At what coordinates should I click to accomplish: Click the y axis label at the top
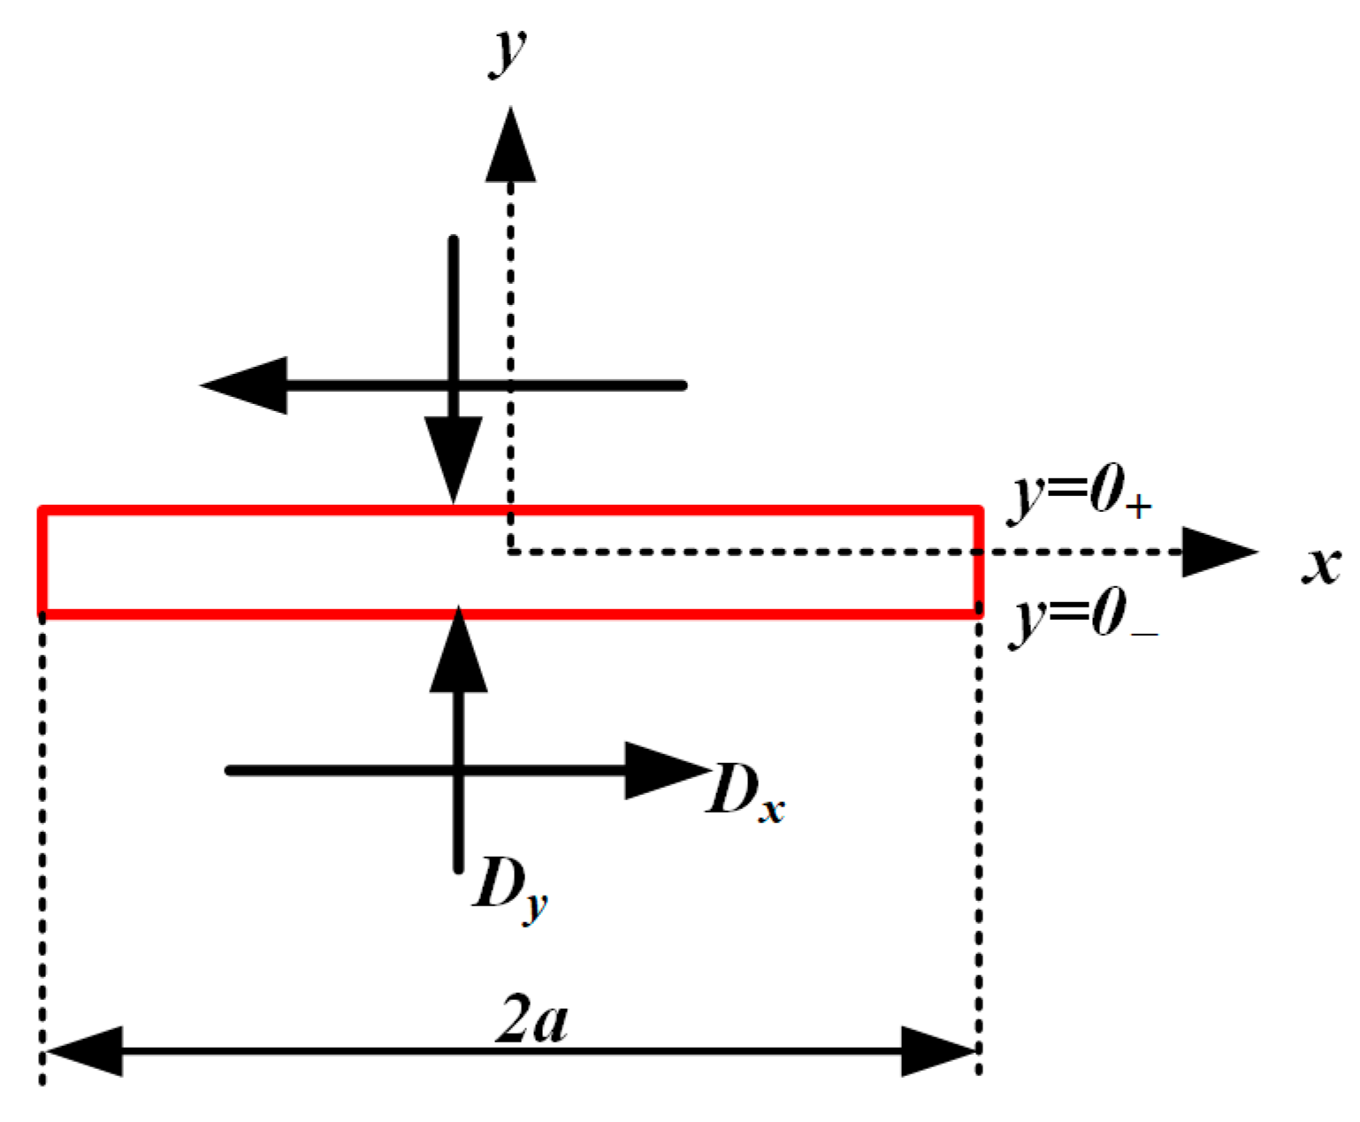pyautogui.click(x=508, y=51)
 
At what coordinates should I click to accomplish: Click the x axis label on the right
pyautogui.click(x=1321, y=564)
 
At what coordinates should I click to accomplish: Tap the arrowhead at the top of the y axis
pyautogui.click(x=510, y=146)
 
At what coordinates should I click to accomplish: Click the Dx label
pyautogui.click(x=745, y=791)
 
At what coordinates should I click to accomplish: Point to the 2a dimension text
pyautogui.click(x=531, y=1020)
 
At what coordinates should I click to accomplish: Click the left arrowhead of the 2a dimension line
pyautogui.click(x=84, y=1051)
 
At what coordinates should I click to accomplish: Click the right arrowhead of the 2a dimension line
pyautogui.click(x=937, y=1051)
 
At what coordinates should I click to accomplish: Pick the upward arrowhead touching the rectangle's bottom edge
pyautogui.click(x=458, y=650)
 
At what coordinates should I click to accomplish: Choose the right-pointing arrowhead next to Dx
pyautogui.click(x=665, y=771)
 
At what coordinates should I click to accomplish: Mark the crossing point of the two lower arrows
pyautogui.click(x=458, y=771)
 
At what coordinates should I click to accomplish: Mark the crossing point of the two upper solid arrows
pyautogui.click(x=454, y=385)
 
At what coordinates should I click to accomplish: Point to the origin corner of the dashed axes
pyautogui.click(x=511, y=553)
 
